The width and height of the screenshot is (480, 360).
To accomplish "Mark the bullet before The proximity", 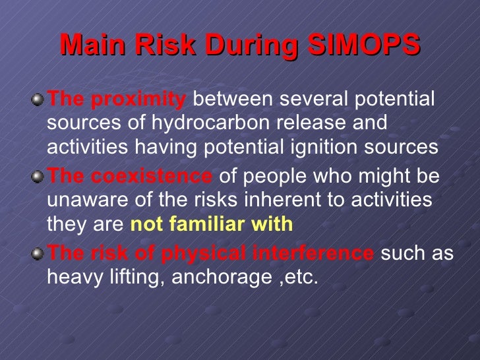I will pyautogui.click(x=40, y=101).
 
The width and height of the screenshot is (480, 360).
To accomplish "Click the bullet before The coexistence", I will pyautogui.click(x=40, y=177).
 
